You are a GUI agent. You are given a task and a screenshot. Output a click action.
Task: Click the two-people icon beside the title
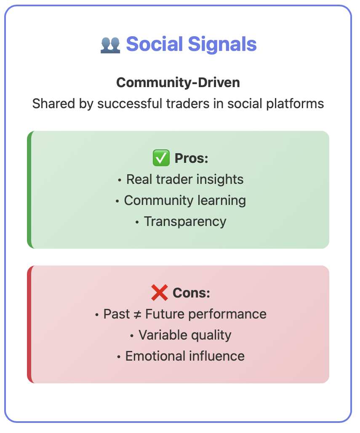pyautogui.click(x=110, y=45)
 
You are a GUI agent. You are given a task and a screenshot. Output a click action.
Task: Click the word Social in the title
pyautogui.click(x=155, y=44)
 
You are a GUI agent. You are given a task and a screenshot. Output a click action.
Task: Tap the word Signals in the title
pyautogui.click(x=222, y=45)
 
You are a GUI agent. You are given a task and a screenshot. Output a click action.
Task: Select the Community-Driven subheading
pyautogui.click(x=178, y=82)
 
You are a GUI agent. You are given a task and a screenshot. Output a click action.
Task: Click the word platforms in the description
pyautogui.click(x=295, y=104)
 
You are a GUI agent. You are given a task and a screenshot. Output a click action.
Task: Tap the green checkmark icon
pyautogui.click(x=161, y=158)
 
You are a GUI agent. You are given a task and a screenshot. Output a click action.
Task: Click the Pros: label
pyautogui.click(x=191, y=158)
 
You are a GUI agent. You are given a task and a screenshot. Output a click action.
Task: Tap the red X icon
pyautogui.click(x=160, y=293)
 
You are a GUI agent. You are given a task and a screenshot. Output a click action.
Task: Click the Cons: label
pyautogui.click(x=191, y=293)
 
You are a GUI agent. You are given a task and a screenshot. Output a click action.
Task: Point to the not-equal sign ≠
pyautogui.click(x=138, y=314)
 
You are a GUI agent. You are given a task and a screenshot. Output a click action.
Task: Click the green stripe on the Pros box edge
pyautogui.click(x=29, y=190)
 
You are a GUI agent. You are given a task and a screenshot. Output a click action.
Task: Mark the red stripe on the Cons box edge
pyautogui.click(x=29, y=324)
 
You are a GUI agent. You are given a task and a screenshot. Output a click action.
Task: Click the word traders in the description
pyautogui.click(x=188, y=104)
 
